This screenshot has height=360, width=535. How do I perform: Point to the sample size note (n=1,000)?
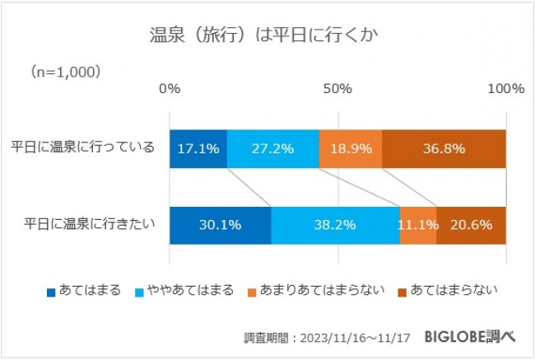66,72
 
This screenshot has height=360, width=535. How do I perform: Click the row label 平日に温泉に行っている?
82,148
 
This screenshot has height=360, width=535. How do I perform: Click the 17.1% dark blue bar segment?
198,149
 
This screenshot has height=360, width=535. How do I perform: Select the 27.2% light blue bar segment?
273,149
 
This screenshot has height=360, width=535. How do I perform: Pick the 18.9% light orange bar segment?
351,149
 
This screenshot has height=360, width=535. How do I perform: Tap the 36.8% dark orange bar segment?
444,149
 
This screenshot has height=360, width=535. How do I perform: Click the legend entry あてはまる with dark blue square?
84,291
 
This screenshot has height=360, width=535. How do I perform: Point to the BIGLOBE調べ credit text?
470,337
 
